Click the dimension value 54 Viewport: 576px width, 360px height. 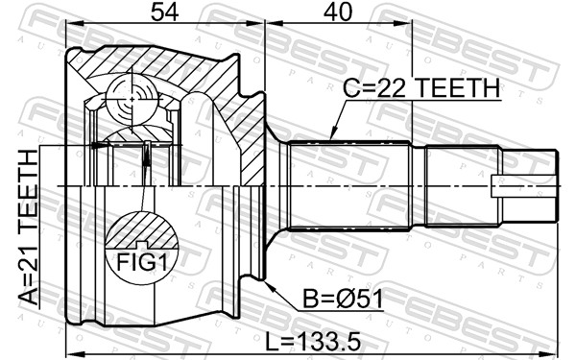click(x=163, y=12)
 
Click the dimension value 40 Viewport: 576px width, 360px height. click(x=337, y=12)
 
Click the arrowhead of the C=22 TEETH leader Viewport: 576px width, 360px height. click(x=328, y=136)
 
